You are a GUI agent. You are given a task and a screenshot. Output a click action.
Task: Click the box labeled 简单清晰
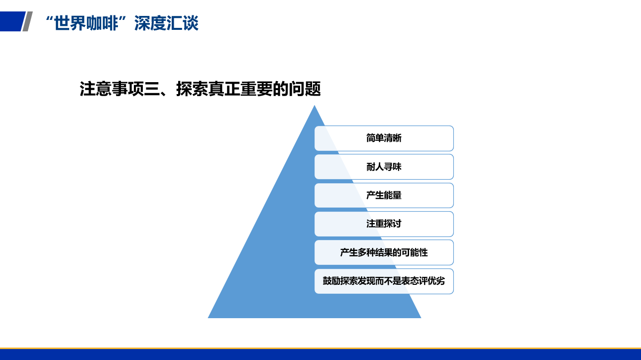(384, 138)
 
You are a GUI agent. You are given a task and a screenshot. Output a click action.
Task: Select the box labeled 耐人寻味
(384, 167)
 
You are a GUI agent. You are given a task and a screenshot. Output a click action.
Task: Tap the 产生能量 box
(384, 195)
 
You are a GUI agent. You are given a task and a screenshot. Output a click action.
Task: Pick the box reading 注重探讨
(384, 224)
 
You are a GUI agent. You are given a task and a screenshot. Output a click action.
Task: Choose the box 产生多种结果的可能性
(384, 252)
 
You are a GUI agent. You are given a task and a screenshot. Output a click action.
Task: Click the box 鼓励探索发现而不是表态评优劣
(384, 281)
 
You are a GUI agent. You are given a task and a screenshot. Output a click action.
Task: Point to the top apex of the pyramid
(314, 106)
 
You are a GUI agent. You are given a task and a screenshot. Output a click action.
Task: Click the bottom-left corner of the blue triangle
(208, 318)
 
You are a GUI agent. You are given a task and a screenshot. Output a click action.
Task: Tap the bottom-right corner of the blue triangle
(421, 318)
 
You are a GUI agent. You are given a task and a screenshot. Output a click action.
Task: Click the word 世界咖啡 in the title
(86, 23)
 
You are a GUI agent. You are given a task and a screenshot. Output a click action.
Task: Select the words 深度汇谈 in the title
(166, 23)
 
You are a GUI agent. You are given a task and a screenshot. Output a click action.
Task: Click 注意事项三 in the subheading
(119, 89)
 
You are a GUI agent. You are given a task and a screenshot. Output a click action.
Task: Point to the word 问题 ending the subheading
(305, 89)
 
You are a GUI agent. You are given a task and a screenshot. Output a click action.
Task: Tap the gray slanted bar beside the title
(27, 21)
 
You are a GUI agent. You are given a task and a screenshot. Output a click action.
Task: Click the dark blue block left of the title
(12, 21)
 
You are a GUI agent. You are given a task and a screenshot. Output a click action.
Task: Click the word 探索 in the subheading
(192, 89)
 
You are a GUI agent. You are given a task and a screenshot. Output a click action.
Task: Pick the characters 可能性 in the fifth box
(415, 252)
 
